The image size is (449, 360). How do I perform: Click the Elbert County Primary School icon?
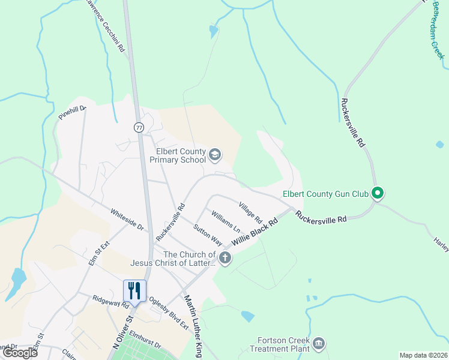point(214,156)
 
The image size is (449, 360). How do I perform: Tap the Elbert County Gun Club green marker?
point(378,193)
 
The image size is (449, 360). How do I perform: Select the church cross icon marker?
point(225,259)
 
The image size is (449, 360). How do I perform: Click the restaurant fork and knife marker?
point(134,292)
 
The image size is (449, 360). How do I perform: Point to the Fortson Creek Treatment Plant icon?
point(319,343)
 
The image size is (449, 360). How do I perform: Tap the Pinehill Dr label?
point(73,112)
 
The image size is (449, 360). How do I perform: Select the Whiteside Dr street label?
point(127,220)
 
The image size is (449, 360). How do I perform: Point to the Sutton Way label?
point(208,235)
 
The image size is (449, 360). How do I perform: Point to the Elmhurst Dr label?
point(145,340)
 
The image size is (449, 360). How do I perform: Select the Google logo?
point(20,353)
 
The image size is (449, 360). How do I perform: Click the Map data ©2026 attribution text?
point(423,355)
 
